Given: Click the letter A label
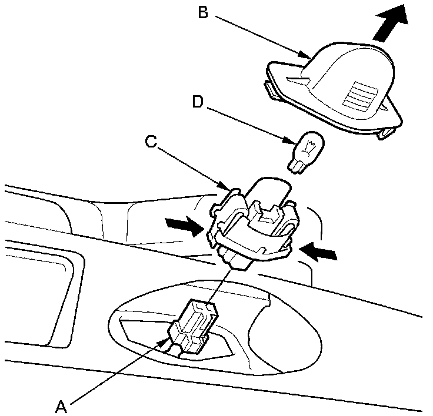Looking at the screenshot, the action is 62,405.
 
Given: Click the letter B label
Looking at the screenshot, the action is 203,12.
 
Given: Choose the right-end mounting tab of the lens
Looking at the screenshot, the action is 388,132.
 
